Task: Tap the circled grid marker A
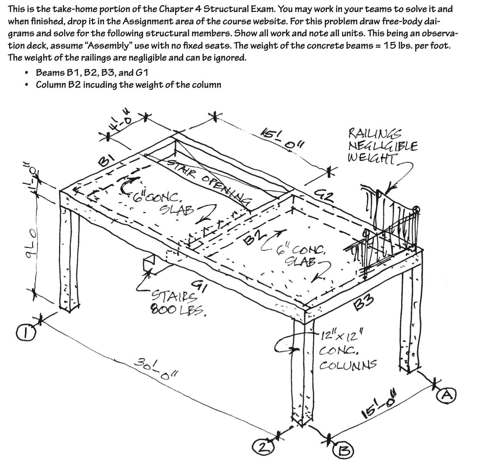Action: click(x=447, y=395)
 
